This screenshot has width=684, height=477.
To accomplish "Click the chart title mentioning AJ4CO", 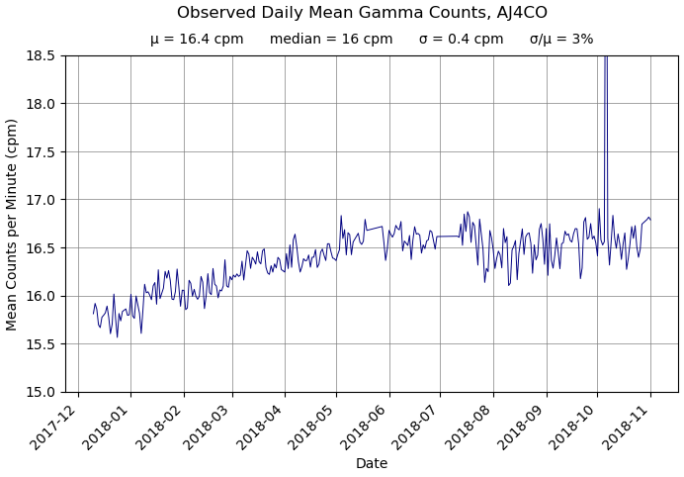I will (362, 13).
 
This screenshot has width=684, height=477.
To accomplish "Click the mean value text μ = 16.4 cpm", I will (197, 40).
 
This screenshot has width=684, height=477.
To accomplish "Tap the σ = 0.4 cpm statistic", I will (461, 40).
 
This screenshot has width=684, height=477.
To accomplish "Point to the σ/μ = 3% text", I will (561, 40).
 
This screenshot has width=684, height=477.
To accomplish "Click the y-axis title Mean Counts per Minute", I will (13, 224).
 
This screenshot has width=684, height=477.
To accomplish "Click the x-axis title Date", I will (372, 463).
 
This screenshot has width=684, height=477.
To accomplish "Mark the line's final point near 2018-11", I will (651, 220).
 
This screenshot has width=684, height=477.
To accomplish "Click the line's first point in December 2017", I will (94, 313).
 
